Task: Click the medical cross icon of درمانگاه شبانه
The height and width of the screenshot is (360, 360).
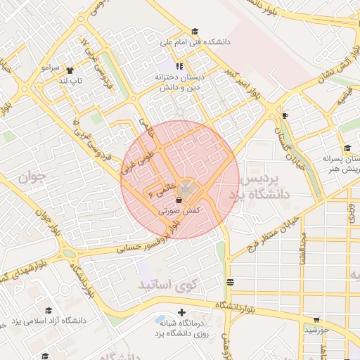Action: (x=181, y=311)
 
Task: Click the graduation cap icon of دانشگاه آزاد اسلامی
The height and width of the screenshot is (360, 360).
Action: (x=49, y=310)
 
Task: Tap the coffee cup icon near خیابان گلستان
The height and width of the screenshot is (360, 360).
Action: (x=284, y=115)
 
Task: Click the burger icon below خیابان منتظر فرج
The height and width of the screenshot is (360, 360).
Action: (x=231, y=282)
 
